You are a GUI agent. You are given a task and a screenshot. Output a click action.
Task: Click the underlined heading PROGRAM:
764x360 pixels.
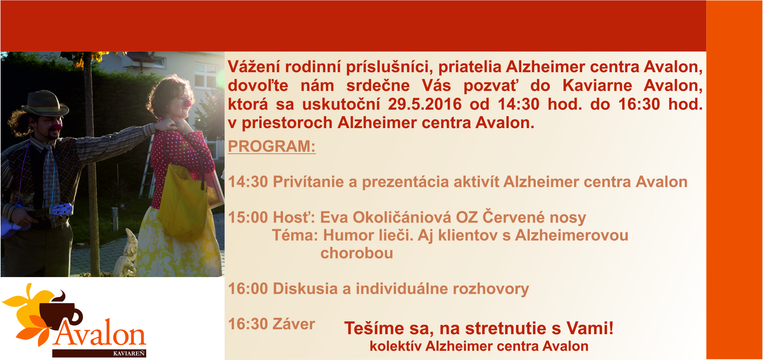(x=272, y=147)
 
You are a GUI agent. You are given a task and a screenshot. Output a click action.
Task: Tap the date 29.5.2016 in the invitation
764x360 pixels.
(x=425, y=104)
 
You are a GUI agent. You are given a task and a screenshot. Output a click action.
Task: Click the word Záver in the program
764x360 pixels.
(x=294, y=324)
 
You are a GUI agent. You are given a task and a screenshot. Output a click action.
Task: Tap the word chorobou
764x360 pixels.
(x=357, y=253)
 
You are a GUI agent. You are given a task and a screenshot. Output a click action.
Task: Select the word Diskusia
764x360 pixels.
(x=305, y=289)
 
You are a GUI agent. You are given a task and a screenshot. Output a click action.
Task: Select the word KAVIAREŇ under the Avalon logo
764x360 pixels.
(x=129, y=354)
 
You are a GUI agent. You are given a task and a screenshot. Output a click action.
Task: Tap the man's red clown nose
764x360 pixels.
(x=58, y=126)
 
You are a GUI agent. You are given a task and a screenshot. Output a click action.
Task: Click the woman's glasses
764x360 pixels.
(x=183, y=99)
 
